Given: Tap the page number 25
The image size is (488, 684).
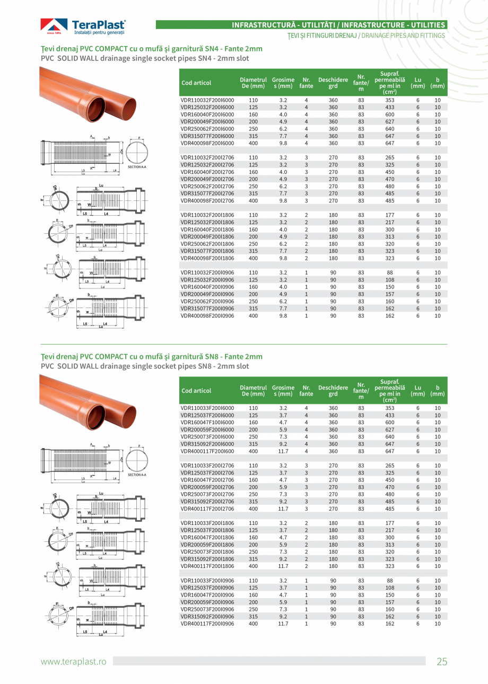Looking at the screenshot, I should (x=442, y=661).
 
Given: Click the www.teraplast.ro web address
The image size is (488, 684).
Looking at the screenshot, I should (x=74, y=661).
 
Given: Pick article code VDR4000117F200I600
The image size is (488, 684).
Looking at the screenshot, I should (x=207, y=451).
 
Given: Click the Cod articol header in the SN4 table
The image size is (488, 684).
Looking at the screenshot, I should (x=196, y=83).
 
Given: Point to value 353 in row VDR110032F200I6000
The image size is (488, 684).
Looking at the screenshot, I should (x=390, y=100).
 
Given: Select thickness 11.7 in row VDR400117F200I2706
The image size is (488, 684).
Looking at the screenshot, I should (x=283, y=508).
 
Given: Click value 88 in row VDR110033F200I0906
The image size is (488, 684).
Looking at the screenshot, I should (x=390, y=581).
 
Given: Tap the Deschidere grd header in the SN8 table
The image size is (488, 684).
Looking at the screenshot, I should (x=333, y=391).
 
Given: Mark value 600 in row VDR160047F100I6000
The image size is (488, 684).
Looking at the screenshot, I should (x=390, y=422).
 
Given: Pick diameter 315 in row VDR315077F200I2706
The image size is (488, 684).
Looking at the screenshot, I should (x=254, y=194).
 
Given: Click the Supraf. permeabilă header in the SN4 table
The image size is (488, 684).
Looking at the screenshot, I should (x=390, y=83).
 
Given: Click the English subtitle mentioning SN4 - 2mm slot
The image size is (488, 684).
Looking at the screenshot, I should (x=145, y=58).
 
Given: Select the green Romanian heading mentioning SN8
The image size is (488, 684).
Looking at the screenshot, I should (x=152, y=356).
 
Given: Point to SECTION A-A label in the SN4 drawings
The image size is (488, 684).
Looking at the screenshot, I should (x=137, y=167).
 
